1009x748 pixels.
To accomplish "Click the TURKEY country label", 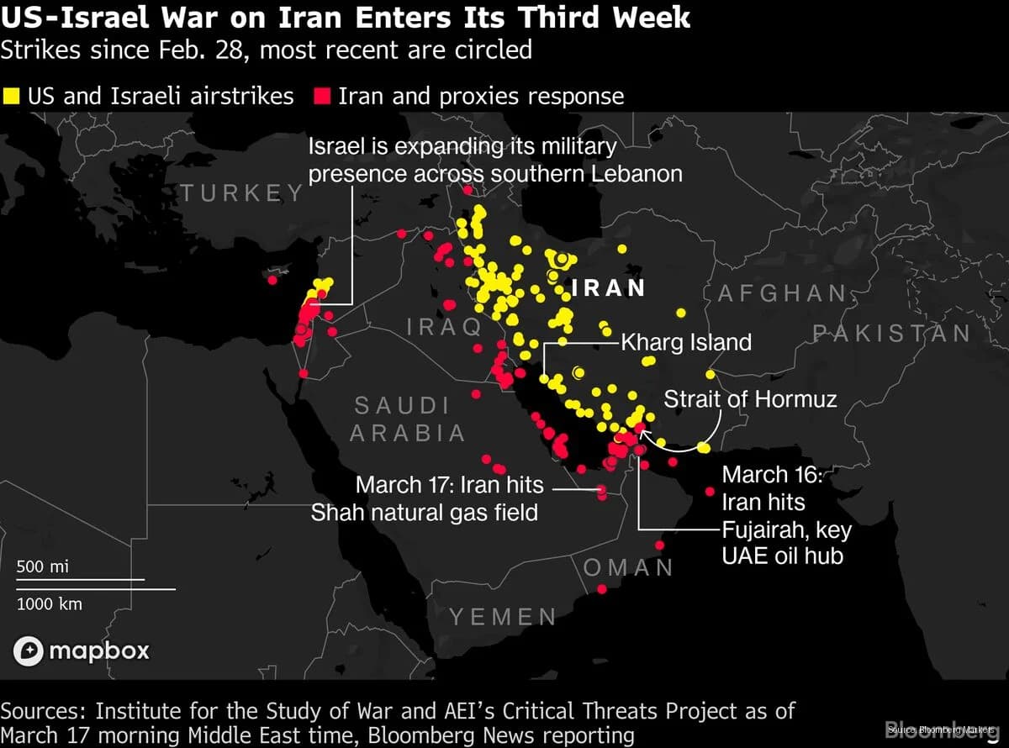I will point(242,192).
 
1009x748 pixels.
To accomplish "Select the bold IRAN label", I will point(608,287).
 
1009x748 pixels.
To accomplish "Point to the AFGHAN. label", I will point(783,292).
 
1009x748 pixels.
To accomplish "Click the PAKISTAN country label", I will point(891,333).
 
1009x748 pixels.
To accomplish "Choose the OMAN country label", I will point(629,567).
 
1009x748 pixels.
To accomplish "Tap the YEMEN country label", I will point(503,617).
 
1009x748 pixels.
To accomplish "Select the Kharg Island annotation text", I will point(686,342).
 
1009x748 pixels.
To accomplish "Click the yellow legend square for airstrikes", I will point(12,95).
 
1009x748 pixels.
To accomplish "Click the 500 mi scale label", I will point(43,566).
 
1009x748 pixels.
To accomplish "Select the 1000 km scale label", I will point(50,603).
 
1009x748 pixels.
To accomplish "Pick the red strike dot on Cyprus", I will point(272,280).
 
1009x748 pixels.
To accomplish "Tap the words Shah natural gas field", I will point(425,512).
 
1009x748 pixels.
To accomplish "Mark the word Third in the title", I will point(568,18).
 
